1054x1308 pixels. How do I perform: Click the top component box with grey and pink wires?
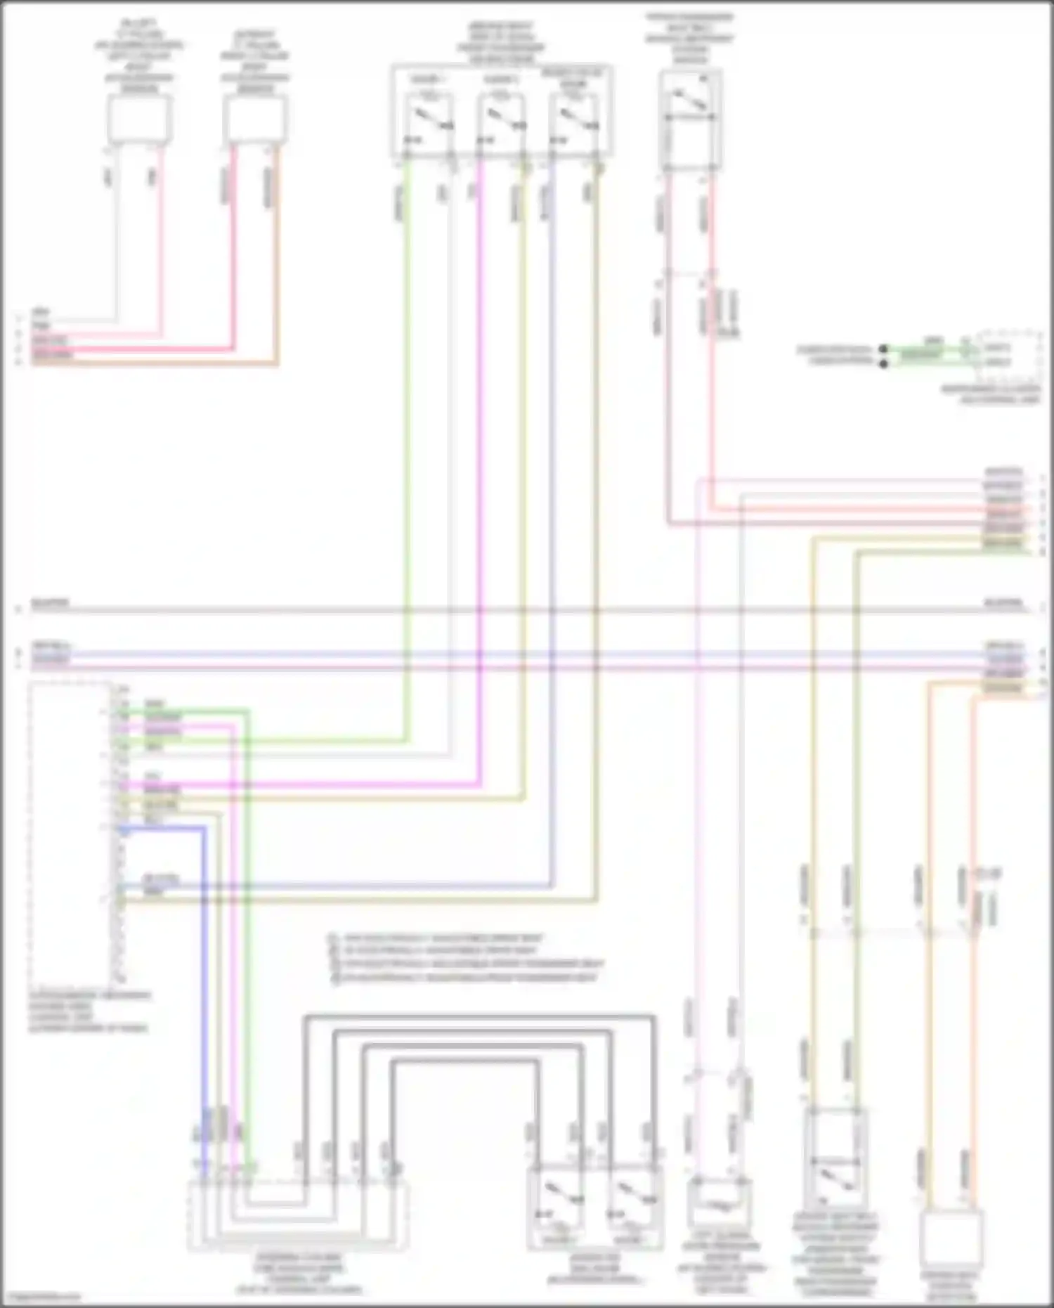point(139,119)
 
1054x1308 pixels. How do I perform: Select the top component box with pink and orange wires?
point(255,119)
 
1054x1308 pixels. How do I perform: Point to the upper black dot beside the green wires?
point(884,349)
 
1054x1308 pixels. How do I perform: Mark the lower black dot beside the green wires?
point(884,363)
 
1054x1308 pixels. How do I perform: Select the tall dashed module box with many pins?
point(70,833)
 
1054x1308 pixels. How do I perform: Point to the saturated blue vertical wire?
point(204,984)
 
